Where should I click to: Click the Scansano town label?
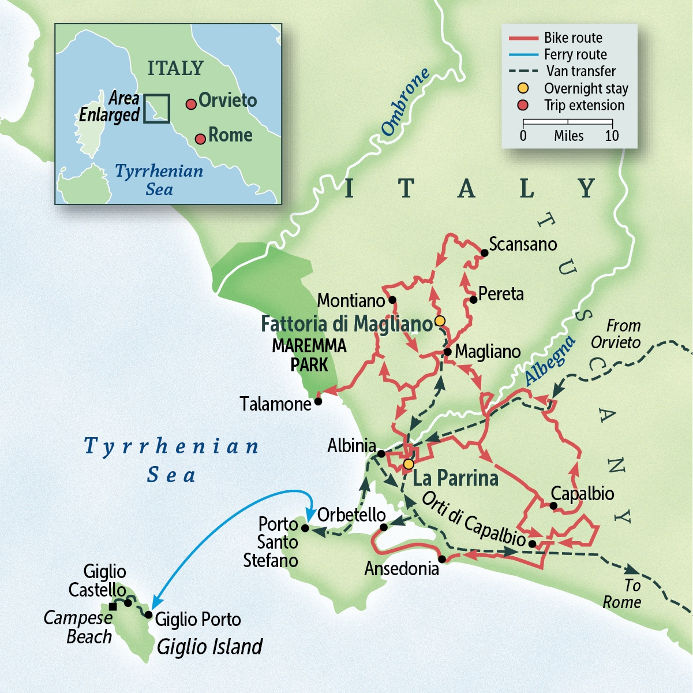[522, 244]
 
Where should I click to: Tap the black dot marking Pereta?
[474, 299]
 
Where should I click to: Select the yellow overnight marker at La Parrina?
[409, 464]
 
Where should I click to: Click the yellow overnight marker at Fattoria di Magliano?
[440, 321]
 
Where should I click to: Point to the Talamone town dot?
[318, 401]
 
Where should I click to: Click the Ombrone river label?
[405, 102]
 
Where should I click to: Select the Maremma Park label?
[309, 355]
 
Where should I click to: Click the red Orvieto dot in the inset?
[190, 105]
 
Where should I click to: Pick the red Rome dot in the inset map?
[200, 139]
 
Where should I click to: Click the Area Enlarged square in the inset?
[156, 108]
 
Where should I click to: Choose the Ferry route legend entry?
[575, 55]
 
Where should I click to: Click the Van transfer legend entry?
[580, 72]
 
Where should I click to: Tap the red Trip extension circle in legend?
[523, 105]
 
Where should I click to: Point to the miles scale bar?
[568, 122]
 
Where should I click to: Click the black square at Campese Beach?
[113, 606]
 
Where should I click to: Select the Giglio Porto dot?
[149, 615]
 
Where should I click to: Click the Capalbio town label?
[582, 494]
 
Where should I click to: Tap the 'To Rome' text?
[622, 594]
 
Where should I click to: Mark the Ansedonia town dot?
[442, 559]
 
